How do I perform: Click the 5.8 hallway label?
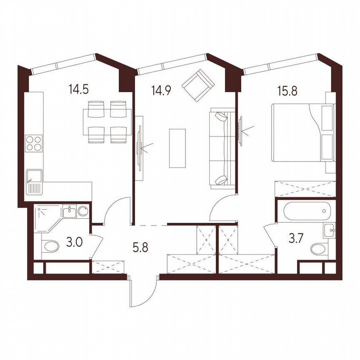(x=140, y=248)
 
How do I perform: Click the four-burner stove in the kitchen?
(x=34, y=144)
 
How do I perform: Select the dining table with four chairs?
(x=105, y=122)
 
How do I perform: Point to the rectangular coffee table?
(x=177, y=148)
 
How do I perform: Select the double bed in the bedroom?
(x=302, y=132)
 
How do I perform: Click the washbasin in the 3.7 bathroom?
(x=330, y=229)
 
